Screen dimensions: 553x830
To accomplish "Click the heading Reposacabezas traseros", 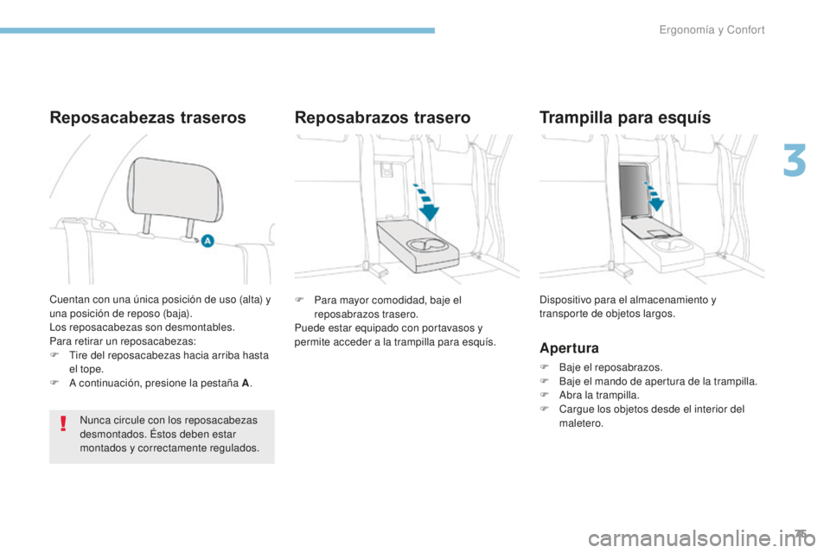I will (x=148, y=118).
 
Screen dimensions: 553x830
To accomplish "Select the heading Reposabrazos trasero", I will (x=382, y=118).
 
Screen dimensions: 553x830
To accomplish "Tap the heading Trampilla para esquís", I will (x=624, y=118).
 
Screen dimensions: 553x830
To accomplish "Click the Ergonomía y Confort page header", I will (x=712, y=30).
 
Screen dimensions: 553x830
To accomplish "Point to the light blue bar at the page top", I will (x=216, y=30).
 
